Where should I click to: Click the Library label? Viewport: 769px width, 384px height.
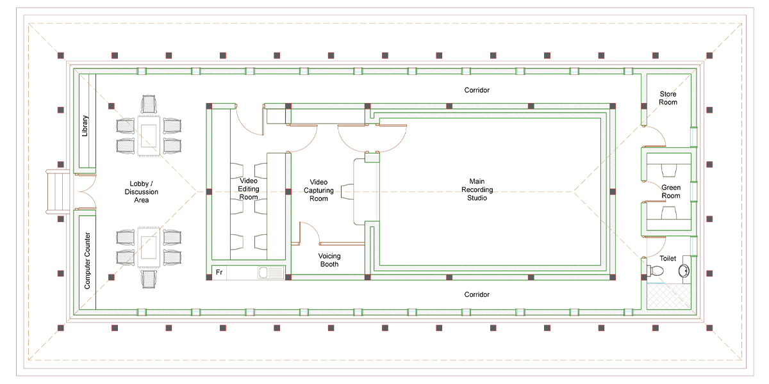[x=85, y=125]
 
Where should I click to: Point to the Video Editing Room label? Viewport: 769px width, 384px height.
[x=249, y=189]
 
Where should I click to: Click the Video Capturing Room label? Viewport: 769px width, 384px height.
[x=318, y=190]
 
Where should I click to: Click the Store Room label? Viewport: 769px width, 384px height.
[x=668, y=98]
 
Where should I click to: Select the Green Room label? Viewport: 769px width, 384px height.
[x=670, y=191]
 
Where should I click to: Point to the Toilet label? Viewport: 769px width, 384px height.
[x=668, y=259]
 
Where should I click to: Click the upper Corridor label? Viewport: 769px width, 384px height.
[x=477, y=90]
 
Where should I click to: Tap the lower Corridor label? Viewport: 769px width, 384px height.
[x=477, y=294]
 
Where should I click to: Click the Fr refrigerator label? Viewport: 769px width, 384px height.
[x=219, y=273]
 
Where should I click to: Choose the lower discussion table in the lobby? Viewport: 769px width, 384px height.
[x=149, y=247]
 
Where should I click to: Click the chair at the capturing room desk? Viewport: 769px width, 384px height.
[x=349, y=191]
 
